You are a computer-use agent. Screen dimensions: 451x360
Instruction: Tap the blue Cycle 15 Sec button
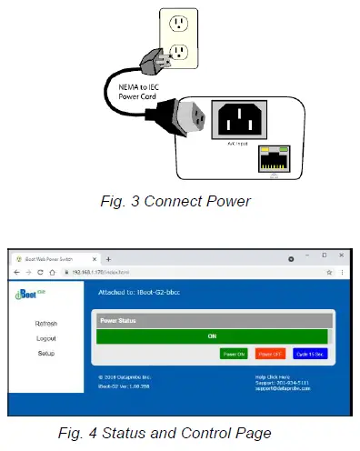[308, 354]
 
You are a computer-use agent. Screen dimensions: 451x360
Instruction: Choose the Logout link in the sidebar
[46, 338]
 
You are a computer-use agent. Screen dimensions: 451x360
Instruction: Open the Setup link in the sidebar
[46, 353]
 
